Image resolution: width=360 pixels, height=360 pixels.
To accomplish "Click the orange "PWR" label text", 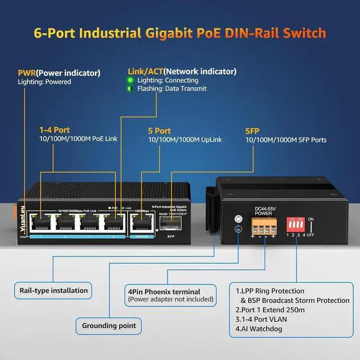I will click(x=27, y=73).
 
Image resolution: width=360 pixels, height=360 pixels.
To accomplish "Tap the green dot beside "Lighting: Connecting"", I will click(x=130, y=80).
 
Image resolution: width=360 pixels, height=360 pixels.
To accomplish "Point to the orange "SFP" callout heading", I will click(x=252, y=130).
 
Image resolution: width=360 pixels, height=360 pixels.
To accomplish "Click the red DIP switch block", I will click(x=296, y=225).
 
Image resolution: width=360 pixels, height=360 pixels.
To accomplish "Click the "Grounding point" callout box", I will click(x=108, y=325).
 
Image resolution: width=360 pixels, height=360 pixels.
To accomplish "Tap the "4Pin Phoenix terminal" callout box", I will click(x=170, y=295).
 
